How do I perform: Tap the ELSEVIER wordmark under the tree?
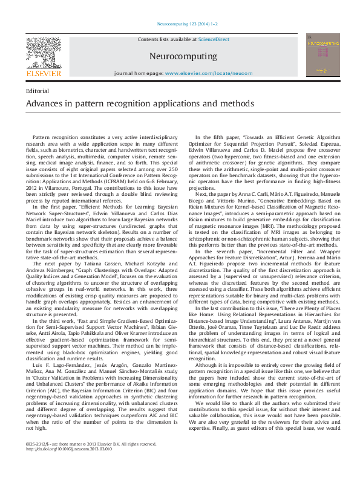43,74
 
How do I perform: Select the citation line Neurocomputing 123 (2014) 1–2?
180,24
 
